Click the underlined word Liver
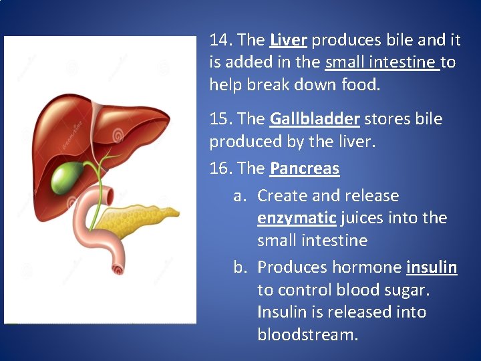click(x=288, y=40)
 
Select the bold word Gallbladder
click(x=315, y=119)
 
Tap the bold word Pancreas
click(x=305, y=168)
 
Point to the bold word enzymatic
click(x=297, y=218)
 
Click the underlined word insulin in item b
click(x=432, y=267)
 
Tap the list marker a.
click(x=240, y=197)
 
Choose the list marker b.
click(x=240, y=267)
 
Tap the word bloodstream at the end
click(x=307, y=334)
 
